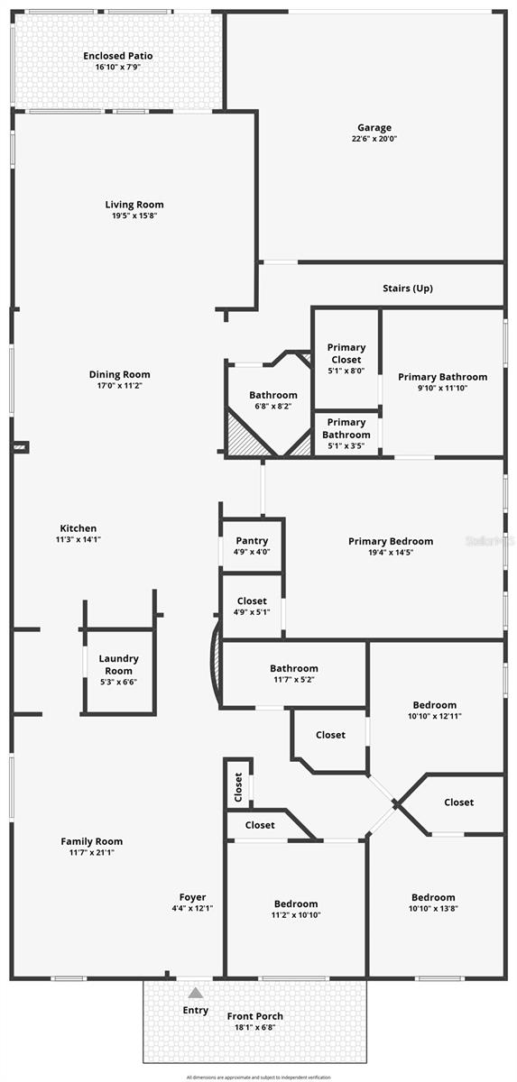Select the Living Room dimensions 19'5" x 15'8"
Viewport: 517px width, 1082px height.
134,216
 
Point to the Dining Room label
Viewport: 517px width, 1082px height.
119,374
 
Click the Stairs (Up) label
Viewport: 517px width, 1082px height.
408,289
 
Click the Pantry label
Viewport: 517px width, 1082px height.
252,541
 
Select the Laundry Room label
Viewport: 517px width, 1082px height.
117,665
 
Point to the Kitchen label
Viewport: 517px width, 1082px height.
78,528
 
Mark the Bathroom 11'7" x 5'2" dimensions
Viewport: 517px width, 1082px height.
293,681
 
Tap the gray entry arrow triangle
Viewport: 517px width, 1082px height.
195,993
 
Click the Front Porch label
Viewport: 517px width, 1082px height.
254,1017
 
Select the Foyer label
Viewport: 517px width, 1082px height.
192,897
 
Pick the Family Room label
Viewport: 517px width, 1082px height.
91,841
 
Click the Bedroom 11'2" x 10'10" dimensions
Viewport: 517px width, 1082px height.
296,915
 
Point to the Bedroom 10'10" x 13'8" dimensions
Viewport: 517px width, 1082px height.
433,909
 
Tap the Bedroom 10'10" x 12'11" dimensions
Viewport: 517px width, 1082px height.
435,717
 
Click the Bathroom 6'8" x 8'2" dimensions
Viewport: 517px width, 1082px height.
273,407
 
